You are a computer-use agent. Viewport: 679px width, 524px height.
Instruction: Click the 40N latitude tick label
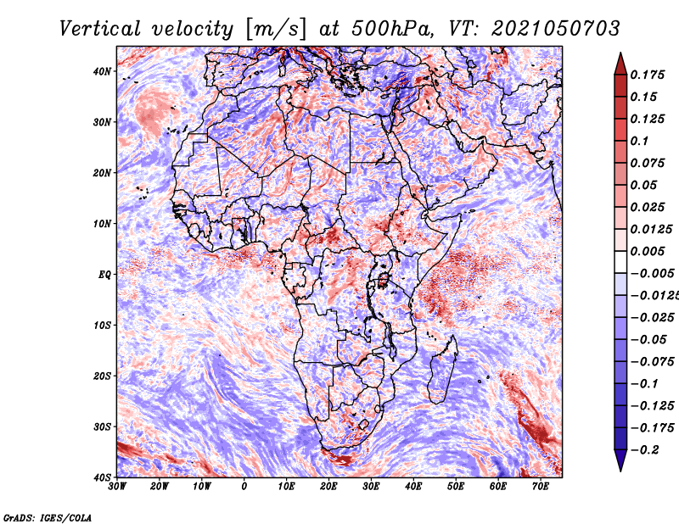pyautogui.click(x=102, y=71)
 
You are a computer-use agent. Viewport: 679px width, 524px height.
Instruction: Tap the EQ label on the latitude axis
pyautogui.click(x=104, y=275)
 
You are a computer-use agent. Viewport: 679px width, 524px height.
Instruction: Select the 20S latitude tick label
pyautogui.click(x=102, y=376)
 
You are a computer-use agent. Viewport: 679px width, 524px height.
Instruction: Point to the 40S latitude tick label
pyautogui.click(x=102, y=477)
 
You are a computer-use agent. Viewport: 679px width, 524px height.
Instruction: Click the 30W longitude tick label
pyautogui.click(x=117, y=487)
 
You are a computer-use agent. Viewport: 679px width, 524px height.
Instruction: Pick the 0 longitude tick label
pyautogui.click(x=244, y=487)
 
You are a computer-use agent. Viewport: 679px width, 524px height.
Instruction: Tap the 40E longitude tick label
pyautogui.click(x=413, y=487)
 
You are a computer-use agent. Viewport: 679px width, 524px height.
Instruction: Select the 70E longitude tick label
pyautogui.click(x=541, y=487)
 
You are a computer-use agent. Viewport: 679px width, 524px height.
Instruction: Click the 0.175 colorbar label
pyautogui.click(x=647, y=75)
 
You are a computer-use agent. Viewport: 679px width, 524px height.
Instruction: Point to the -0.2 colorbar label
pyautogui.click(x=644, y=450)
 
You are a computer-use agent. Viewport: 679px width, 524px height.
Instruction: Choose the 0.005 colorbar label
pyautogui.click(x=647, y=251)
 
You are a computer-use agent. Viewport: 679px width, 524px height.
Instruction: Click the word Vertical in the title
pyautogui.click(x=100, y=30)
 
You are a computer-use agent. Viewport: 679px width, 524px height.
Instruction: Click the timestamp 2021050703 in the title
pyautogui.click(x=556, y=29)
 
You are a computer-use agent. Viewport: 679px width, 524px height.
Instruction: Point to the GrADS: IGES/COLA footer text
pyautogui.click(x=48, y=517)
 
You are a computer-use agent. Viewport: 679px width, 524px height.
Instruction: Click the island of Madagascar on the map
pyautogui.click(x=442, y=371)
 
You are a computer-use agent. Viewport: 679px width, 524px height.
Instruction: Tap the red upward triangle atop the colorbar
pyautogui.click(x=620, y=64)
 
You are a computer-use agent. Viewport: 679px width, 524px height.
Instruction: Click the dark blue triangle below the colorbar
pyautogui.click(x=620, y=460)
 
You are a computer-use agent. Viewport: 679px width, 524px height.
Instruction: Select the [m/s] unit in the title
pyautogui.click(x=278, y=30)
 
